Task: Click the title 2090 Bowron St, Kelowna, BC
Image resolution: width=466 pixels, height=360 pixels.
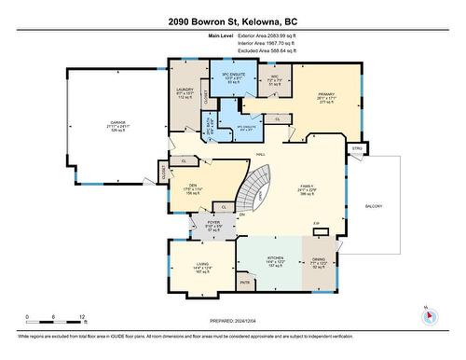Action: (x=232, y=21)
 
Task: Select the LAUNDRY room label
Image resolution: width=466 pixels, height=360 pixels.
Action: (x=185, y=90)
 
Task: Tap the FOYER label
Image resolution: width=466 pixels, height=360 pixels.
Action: (x=213, y=223)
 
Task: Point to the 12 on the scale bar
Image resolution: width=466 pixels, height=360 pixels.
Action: (x=82, y=317)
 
